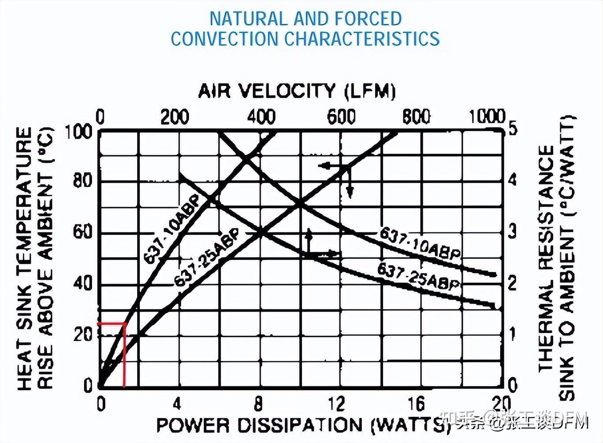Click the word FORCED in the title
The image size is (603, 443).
click(x=368, y=19)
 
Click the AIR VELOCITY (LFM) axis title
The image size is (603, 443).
click(x=297, y=91)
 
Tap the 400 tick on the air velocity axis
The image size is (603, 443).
click(x=261, y=117)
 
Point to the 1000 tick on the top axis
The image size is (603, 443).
click(x=486, y=116)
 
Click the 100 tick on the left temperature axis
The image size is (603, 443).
click(x=79, y=131)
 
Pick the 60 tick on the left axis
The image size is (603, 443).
click(x=82, y=232)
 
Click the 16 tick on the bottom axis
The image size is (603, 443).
click(x=416, y=403)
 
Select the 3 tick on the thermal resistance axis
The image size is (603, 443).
click(x=512, y=231)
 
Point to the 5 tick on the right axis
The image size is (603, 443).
click(x=512, y=128)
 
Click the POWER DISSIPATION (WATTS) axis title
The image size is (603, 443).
click(x=301, y=425)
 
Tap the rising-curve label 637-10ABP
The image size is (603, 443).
click(x=171, y=229)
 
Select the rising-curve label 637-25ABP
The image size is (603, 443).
click(x=207, y=258)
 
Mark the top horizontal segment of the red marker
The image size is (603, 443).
click(x=112, y=323)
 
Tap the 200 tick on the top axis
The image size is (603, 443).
click(x=175, y=117)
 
